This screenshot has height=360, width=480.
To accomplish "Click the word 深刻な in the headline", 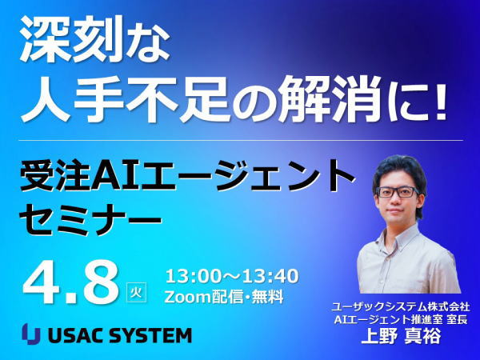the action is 95,39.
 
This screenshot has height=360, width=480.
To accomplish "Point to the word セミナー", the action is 90,219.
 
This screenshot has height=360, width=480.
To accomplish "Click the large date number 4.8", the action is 70,283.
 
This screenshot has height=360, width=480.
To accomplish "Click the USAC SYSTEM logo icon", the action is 31,334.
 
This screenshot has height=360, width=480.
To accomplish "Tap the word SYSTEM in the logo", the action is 150,335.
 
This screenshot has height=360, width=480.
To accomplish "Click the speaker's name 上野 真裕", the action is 402,337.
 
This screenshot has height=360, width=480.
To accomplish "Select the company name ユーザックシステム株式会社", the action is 401,306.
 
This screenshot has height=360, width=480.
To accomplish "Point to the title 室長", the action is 457,320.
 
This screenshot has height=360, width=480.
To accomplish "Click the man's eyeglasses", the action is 398,192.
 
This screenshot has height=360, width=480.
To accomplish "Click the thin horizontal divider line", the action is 242,141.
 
